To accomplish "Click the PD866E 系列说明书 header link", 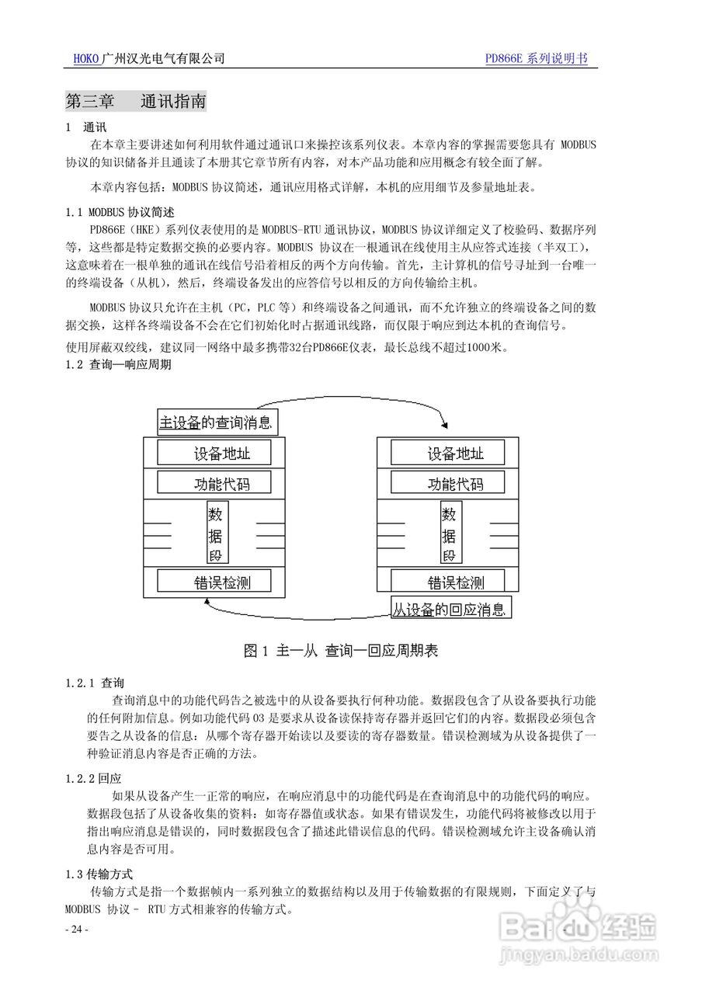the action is [x=536, y=59].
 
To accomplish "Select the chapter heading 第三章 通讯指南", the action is [x=136, y=102].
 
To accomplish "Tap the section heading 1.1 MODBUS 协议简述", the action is [x=120, y=211].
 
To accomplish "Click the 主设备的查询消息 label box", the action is [x=217, y=422].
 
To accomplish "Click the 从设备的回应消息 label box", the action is [x=450, y=609].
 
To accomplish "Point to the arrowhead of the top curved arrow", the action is [x=444, y=424].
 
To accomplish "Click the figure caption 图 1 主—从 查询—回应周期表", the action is [x=341, y=651].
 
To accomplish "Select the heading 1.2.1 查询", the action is [x=95, y=683].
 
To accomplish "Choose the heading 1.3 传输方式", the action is [x=99, y=874].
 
